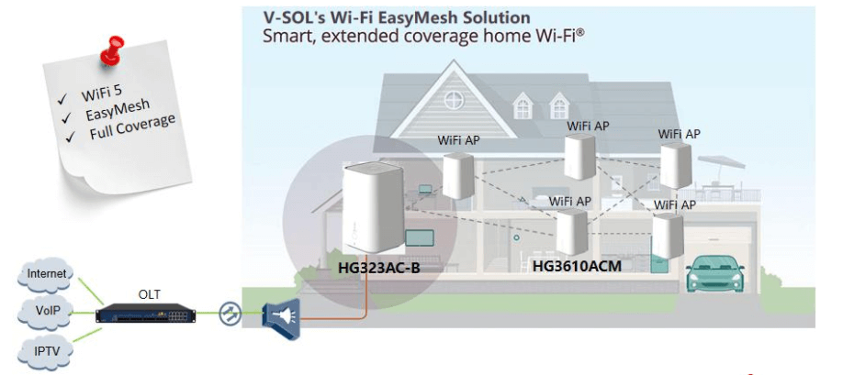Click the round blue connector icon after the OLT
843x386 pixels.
pos(230,314)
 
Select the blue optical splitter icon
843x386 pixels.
pos(281,315)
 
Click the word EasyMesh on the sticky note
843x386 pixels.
pos(118,113)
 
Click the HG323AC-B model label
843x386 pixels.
pos(378,269)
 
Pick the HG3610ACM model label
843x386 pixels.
pos(578,267)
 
